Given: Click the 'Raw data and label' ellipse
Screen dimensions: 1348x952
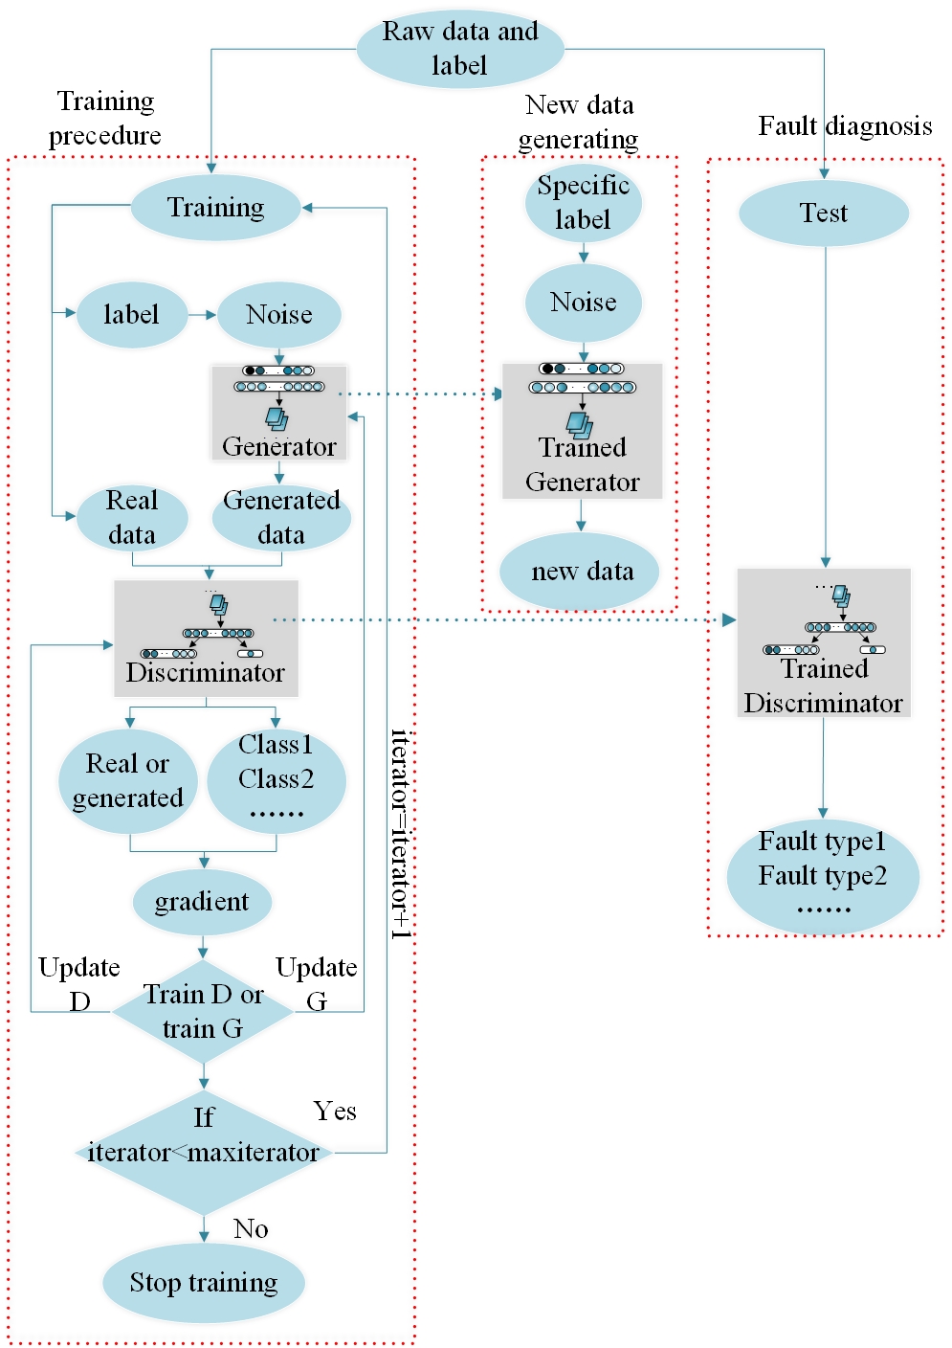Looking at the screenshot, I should click(460, 49).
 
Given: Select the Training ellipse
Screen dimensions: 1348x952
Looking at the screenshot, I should click(216, 208).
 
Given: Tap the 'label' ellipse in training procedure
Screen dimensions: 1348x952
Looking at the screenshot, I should click(131, 315).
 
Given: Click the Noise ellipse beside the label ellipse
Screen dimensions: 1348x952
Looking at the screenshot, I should click(278, 315).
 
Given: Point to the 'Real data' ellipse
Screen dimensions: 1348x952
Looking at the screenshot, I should click(132, 518).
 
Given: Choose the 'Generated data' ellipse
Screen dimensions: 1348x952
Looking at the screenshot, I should click(281, 518).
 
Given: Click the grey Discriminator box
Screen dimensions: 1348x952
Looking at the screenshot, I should click(206, 639).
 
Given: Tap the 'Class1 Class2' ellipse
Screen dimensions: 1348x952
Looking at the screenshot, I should click(277, 777).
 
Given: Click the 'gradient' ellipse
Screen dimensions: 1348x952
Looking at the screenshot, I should click(202, 902).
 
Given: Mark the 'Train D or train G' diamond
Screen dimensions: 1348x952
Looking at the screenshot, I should click(203, 1012).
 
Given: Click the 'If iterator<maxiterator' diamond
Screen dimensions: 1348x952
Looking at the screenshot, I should click(203, 1152).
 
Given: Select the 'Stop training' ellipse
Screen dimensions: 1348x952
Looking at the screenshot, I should click(204, 1283).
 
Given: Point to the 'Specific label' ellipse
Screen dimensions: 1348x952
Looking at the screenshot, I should click(583, 203).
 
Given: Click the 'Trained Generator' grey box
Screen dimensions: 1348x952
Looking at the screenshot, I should click(583, 431).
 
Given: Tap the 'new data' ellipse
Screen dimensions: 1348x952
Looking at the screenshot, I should click(582, 572).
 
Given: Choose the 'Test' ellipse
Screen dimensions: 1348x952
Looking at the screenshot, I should click(824, 213).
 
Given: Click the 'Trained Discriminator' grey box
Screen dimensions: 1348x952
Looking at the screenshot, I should click(824, 643).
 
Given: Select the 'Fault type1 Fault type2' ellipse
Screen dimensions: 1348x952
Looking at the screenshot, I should click(823, 875).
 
